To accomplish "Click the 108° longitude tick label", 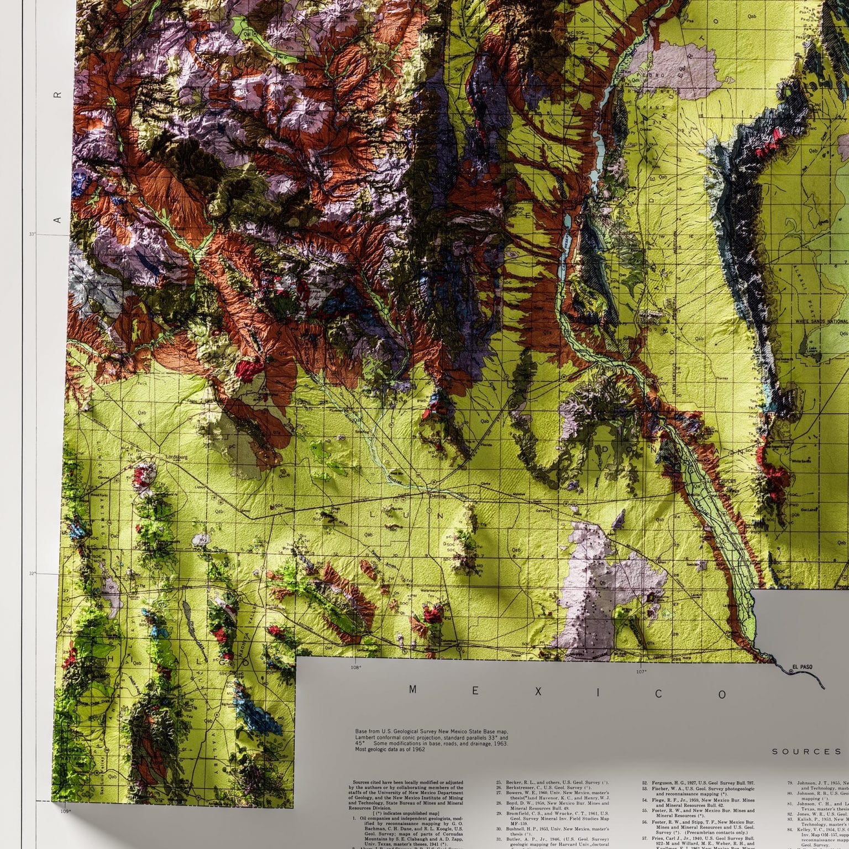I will [356, 667].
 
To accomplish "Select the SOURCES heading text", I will [806, 751].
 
